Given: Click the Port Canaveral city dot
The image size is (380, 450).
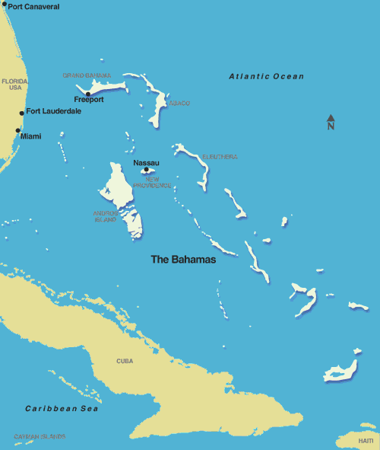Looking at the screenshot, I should [4, 6].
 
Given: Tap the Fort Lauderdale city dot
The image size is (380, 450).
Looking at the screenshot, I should [21, 113].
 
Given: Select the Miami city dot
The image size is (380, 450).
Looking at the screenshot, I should [17, 130].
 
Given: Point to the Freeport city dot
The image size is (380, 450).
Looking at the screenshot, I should [88, 94].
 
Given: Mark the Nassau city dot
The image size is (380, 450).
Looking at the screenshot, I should [146, 170].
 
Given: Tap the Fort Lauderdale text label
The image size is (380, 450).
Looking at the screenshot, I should [54, 111].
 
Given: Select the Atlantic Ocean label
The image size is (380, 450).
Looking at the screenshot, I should [267, 77].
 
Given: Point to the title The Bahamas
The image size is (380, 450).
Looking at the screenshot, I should [183, 260].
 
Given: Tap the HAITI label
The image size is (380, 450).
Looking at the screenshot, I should [366, 441].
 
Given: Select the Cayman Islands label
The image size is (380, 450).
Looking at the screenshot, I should [40, 436].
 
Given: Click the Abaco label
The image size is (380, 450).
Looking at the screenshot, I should [179, 103].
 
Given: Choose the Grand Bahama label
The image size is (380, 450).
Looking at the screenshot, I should [87, 75].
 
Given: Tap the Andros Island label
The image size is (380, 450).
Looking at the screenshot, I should [106, 216].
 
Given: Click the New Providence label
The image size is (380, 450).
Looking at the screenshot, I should [147, 182].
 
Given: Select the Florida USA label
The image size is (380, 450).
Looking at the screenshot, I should [15, 84].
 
